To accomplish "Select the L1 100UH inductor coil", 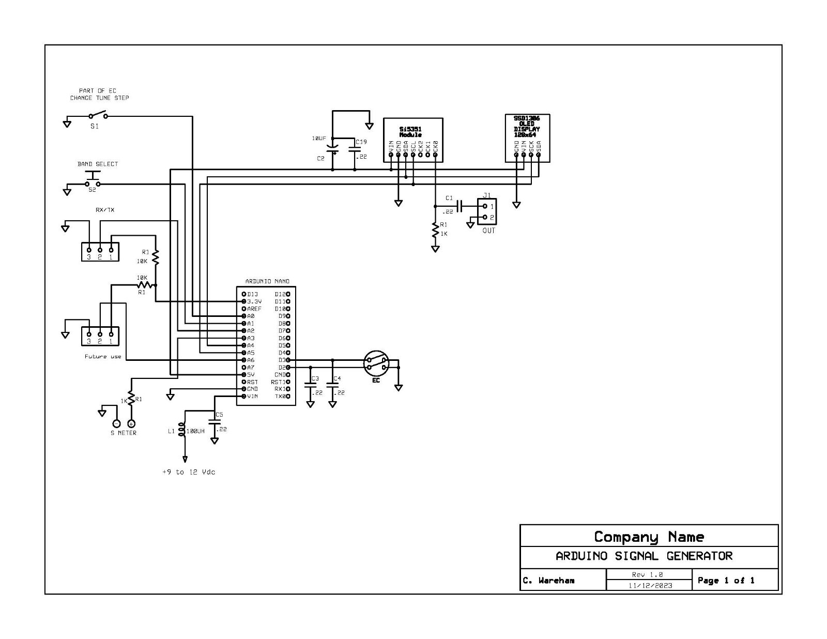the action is [x=181, y=430].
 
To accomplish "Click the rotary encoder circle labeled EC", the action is [x=376, y=363].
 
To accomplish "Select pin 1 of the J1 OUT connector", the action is [x=485, y=206].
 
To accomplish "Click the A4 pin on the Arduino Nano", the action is [x=243, y=345].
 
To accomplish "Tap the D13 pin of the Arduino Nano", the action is [x=243, y=294].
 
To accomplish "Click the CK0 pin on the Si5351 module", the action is [x=435, y=154].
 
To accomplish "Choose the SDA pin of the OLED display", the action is [x=539, y=154].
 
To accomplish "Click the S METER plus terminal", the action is [x=131, y=423].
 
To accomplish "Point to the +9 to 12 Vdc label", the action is [x=189, y=472].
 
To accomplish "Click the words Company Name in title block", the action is [x=649, y=537].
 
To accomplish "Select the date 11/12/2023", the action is [x=650, y=585].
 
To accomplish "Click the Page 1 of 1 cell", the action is [x=726, y=580].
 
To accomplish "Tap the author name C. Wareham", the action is [x=548, y=581].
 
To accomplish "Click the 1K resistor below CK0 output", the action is [x=436, y=231].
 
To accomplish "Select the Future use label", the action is [x=103, y=356].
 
